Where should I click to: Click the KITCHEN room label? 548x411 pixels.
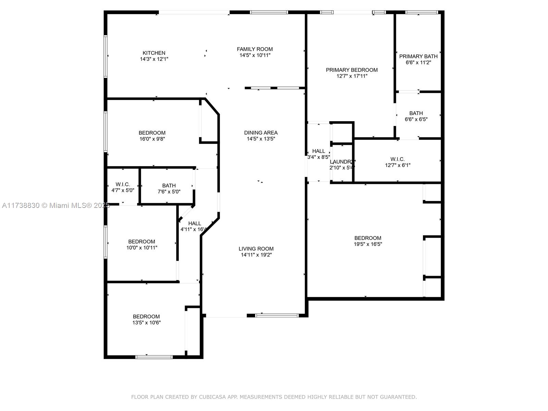(154, 53)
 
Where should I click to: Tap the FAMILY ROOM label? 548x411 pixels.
(255, 49)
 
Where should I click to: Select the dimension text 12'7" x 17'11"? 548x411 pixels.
(351, 76)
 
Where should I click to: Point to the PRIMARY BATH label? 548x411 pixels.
(418, 57)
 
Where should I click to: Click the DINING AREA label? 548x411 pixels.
(261, 133)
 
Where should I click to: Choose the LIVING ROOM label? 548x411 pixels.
(256, 249)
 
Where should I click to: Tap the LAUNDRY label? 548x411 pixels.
(341, 162)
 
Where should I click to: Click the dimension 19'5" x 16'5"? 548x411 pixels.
(368, 244)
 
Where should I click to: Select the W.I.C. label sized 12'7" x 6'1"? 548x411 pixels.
(397, 159)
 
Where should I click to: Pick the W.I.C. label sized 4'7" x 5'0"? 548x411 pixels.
(123, 184)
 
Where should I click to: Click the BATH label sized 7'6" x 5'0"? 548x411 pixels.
(169, 186)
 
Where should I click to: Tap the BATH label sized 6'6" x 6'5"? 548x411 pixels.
(416, 113)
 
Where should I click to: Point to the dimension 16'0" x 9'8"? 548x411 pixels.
(152, 139)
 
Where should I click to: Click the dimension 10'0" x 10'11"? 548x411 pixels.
(141, 248)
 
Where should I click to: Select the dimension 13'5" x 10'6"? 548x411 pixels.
(146, 323)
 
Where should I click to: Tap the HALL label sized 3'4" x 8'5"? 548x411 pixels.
(319, 151)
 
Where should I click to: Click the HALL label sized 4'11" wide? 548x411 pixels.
(195, 224)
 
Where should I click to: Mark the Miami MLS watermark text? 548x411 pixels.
(56, 206)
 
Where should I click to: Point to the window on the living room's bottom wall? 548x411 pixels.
(277, 316)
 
